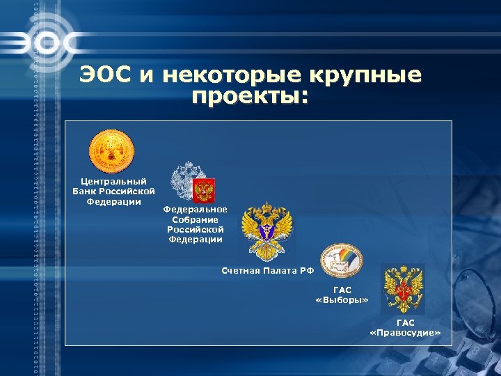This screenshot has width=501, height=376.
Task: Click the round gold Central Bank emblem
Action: tap(111, 152)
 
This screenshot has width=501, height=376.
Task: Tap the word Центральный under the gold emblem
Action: tap(113, 182)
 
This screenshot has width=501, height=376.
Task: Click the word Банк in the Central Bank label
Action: tap(86, 191)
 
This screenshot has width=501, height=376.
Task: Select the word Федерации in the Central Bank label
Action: tap(113, 202)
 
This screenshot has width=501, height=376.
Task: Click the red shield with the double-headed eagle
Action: tap(203, 189)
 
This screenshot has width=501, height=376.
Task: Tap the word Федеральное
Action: tap(195, 210)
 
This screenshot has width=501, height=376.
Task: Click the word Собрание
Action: tap(195, 219)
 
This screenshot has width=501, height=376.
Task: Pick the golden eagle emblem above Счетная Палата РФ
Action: tap(267, 230)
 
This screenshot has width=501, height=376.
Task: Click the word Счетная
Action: tap(240, 270)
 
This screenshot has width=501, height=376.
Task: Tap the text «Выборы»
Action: tap(342, 300)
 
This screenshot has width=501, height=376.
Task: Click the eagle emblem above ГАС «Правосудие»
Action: tap(404, 288)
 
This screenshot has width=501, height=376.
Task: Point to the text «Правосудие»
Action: tap(405, 334)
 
